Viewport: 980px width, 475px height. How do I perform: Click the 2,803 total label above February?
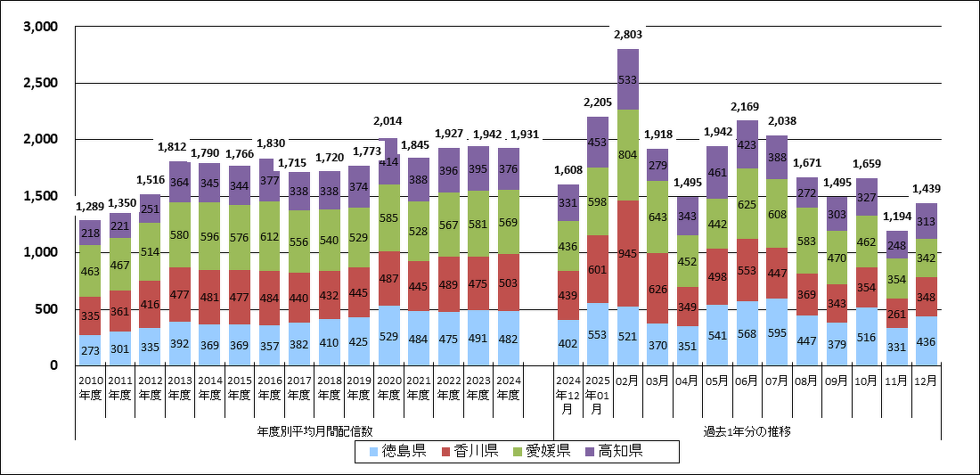point(628,34)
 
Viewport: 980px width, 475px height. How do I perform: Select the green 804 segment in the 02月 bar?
point(628,155)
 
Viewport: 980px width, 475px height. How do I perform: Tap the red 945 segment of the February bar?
point(628,253)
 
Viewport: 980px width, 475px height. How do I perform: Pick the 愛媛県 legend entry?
point(537,452)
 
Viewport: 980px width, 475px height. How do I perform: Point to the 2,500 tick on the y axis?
point(40,84)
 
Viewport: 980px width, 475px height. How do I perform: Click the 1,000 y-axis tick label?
point(40,253)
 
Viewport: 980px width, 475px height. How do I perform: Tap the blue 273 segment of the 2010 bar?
point(91,350)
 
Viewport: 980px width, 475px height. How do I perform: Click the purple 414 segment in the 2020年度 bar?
point(389,162)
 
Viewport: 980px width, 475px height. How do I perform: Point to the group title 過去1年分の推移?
point(747,431)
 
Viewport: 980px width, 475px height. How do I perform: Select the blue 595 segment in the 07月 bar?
point(777,332)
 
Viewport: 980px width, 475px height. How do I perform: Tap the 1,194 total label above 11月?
point(895,218)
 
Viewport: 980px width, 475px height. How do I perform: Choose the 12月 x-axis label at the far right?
point(926,379)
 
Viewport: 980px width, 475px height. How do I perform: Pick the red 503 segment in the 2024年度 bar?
point(509,283)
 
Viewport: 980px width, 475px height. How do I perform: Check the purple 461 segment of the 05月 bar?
point(717,172)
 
